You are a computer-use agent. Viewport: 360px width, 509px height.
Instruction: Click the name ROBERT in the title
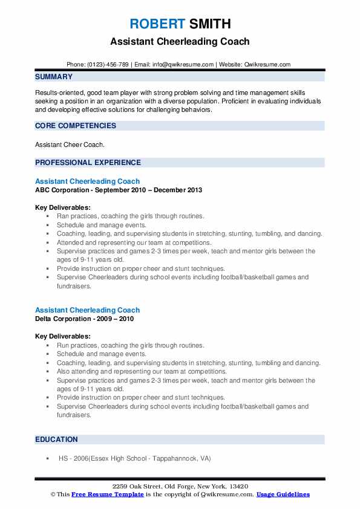157,24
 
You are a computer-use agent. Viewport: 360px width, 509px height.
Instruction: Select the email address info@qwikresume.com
184,64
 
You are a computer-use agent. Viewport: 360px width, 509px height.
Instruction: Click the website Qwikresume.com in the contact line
269,64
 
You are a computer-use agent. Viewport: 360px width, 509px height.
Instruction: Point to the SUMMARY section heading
54,77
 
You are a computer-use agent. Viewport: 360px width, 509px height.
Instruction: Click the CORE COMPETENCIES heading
76,126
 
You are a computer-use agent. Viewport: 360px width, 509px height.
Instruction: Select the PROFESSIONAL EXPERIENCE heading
88,162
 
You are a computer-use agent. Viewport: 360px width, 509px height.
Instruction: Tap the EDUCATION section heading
56,439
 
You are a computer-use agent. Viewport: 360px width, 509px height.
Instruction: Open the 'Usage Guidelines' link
283,494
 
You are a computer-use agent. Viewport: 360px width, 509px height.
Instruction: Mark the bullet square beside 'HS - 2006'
47,459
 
